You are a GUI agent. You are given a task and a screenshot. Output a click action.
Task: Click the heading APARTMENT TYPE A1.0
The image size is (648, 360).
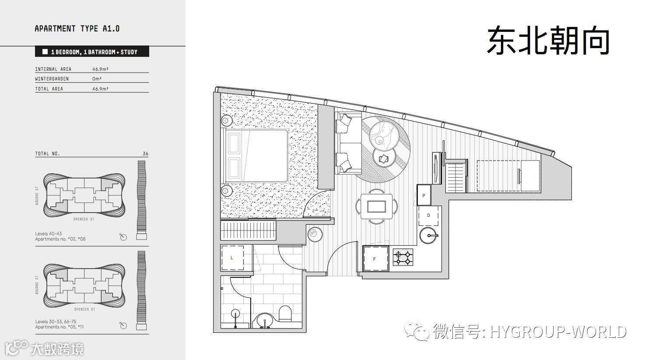(x=77, y=29)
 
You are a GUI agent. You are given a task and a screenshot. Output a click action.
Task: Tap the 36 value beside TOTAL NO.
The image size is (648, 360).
(x=145, y=154)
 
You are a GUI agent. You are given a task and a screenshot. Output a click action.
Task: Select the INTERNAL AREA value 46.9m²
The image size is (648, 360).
(x=100, y=69)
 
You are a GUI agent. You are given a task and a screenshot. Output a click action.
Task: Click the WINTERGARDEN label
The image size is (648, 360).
(x=52, y=79)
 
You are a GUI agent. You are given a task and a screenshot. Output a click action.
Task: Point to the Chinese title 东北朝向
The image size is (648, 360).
(x=548, y=40)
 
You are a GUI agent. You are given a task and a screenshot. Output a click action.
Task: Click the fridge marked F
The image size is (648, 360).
(x=375, y=259)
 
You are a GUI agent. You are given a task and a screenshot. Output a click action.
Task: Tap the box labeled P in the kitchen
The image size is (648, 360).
(x=424, y=195)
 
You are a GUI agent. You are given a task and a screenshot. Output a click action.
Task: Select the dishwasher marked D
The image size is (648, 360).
(x=429, y=215)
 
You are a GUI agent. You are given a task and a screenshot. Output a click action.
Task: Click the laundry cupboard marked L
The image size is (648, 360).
(x=232, y=258)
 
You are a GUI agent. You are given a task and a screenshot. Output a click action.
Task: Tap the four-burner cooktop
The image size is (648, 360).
(x=403, y=257)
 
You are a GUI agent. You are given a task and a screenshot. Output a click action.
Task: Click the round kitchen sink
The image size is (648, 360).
(x=429, y=236)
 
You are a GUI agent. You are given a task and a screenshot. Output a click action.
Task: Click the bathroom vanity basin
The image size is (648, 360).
(x=265, y=321)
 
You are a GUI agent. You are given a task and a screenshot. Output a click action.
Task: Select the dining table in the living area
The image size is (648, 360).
(x=376, y=206)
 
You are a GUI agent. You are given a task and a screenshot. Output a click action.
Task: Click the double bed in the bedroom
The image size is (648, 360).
(x=256, y=156)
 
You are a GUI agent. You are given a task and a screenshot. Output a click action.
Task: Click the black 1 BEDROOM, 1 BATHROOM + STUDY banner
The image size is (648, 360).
(x=92, y=52)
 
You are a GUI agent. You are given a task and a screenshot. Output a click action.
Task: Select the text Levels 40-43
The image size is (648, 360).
(x=49, y=234)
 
